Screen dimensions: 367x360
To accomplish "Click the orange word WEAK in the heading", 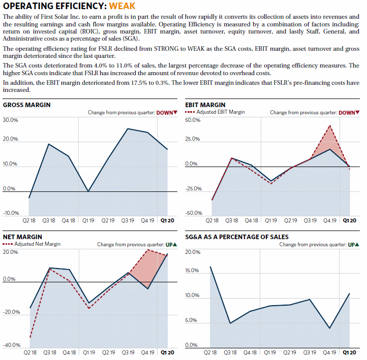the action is pyautogui.click(x=122, y=6).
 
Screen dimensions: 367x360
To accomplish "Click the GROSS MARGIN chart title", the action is pyautogui.click(x=26, y=105).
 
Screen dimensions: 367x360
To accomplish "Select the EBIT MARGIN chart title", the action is pyautogui.click(x=205, y=105).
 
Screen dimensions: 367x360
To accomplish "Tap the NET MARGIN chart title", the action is pyautogui.click(x=22, y=237).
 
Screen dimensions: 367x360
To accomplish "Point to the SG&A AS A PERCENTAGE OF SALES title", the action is pyautogui.click(x=237, y=237).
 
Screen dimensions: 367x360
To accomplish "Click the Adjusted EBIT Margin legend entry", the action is pyautogui.click(x=215, y=112).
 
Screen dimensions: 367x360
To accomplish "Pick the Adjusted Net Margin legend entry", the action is pyautogui.click(x=32, y=244).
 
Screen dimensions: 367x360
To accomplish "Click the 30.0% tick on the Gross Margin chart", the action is pyautogui.click(x=10, y=120).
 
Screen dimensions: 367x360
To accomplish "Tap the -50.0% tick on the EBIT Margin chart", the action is pyautogui.click(x=194, y=213).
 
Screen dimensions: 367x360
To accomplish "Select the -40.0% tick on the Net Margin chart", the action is pyautogui.click(x=12, y=345).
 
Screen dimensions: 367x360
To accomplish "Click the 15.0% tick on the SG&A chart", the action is pyautogui.click(x=192, y=271).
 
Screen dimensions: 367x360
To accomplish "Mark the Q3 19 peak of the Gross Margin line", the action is pyautogui.click(x=128, y=128).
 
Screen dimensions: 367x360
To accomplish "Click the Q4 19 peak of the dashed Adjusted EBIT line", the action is pyautogui.click(x=330, y=125).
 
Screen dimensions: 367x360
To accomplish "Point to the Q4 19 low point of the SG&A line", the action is pyautogui.click(x=329, y=328).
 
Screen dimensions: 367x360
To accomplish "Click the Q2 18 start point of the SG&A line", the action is pyautogui.click(x=210, y=267).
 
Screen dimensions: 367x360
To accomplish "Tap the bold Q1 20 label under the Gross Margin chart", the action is pyautogui.click(x=167, y=220).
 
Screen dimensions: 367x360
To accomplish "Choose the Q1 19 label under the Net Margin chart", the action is pyautogui.click(x=89, y=352).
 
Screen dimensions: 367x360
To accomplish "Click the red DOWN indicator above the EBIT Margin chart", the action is pyautogui.click(x=349, y=113).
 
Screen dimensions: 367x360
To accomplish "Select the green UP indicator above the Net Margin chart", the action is pyautogui.click(x=171, y=245).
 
